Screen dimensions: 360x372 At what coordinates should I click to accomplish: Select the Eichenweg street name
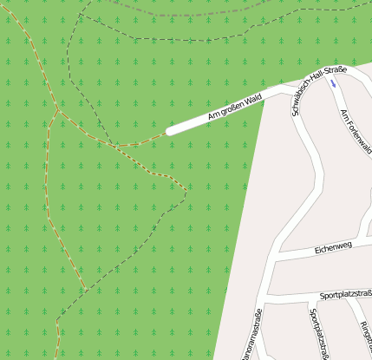point(332,248)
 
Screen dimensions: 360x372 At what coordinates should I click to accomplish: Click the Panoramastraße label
point(251,335)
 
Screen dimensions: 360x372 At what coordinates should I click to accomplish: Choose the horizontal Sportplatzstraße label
point(345,295)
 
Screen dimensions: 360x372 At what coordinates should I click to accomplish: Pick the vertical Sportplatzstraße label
point(318,333)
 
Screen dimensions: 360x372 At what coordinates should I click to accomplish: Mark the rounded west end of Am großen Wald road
point(169,131)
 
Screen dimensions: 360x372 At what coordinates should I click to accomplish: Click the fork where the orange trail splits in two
point(57,111)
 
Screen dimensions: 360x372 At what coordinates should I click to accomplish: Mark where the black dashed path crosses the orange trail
point(112,144)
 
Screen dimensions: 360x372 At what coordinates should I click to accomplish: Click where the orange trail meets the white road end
point(166,133)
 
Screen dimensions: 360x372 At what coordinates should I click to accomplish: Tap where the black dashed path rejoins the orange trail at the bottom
point(84,290)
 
